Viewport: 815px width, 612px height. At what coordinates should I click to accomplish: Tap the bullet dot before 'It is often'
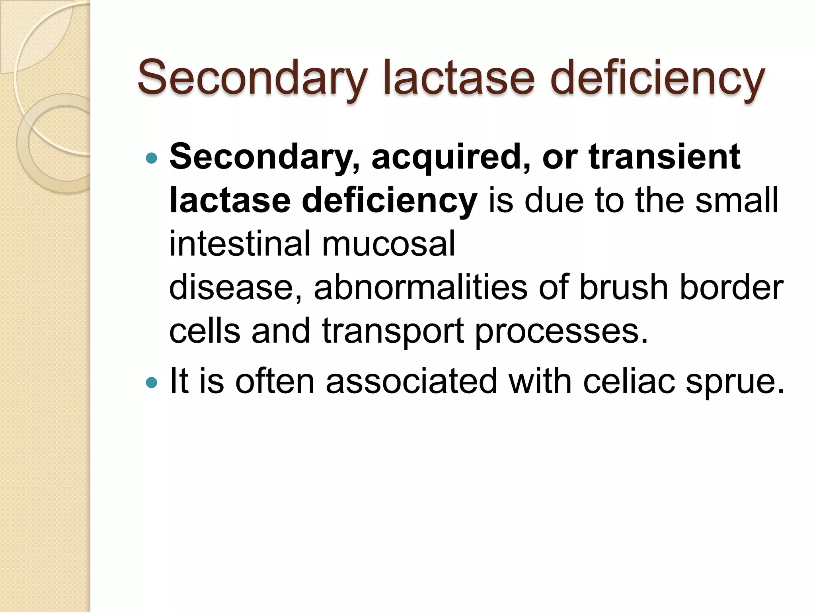point(152,383)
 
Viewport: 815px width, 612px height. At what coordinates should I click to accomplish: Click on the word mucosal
point(388,243)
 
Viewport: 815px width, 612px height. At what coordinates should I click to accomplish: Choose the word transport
point(392,331)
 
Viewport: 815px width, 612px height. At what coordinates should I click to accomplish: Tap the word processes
point(562,331)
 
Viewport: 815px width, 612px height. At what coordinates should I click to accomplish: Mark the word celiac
point(629,381)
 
